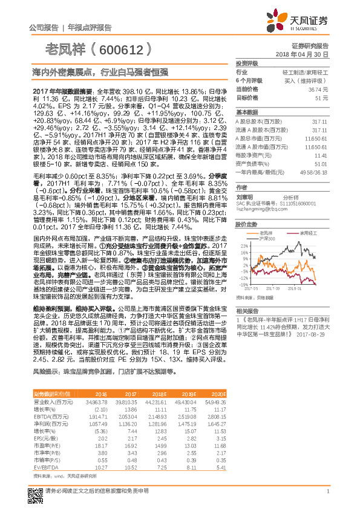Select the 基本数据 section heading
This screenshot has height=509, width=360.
[x=246, y=112]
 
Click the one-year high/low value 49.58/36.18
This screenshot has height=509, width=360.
[x=315, y=172]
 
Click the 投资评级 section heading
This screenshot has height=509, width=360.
[x=246, y=63]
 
